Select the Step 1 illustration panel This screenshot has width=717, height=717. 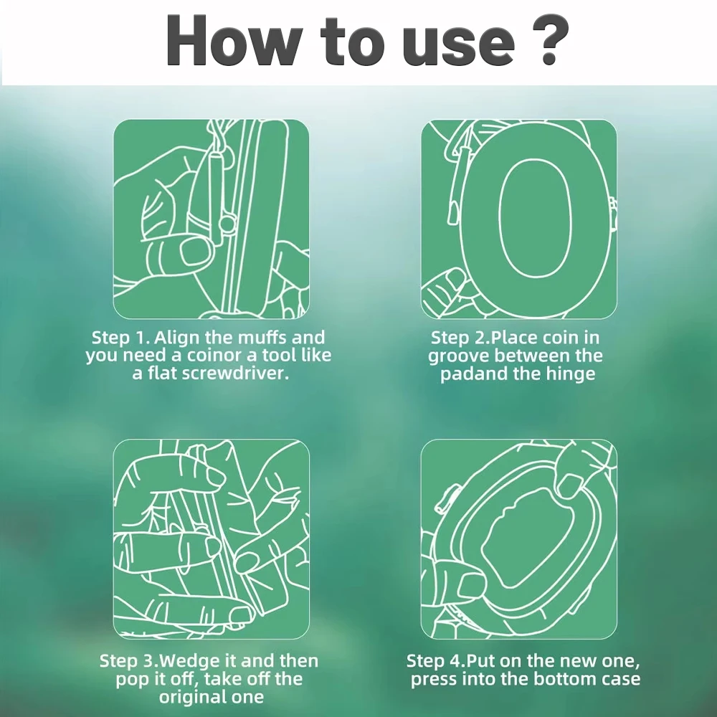click(212, 219)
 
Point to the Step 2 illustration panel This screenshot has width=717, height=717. click(518, 219)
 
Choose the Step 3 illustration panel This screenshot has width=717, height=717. click(212, 539)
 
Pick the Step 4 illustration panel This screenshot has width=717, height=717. click(518, 539)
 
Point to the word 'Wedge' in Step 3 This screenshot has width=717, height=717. click(191, 662)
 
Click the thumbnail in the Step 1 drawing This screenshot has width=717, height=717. click(196, 252)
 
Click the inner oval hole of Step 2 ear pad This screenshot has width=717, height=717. click(536, 218)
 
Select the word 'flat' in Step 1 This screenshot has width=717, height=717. click(162, 374)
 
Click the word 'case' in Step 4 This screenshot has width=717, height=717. click(620, 680)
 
